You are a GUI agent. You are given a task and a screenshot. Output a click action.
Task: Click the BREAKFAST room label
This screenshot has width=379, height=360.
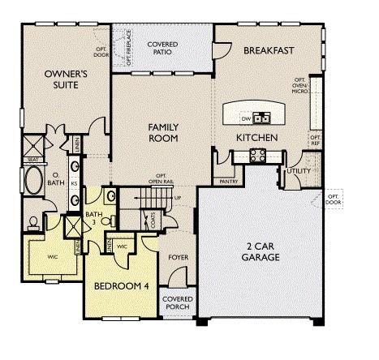(268, 51)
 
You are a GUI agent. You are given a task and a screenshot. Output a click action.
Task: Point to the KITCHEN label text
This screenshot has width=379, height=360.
(257, 138)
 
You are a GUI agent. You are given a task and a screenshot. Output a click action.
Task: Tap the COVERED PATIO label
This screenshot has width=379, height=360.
(162, 49)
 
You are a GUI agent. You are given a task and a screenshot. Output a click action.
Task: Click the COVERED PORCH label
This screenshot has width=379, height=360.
(178, 303)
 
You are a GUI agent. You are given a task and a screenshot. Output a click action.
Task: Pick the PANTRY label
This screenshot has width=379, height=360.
(228, 182)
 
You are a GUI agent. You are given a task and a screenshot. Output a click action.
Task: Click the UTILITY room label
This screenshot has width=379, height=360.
(298, 171)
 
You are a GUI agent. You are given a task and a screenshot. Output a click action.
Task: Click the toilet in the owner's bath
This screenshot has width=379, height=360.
(33, 221)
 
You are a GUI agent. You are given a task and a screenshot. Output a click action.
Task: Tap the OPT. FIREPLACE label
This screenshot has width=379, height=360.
(128, 47)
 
